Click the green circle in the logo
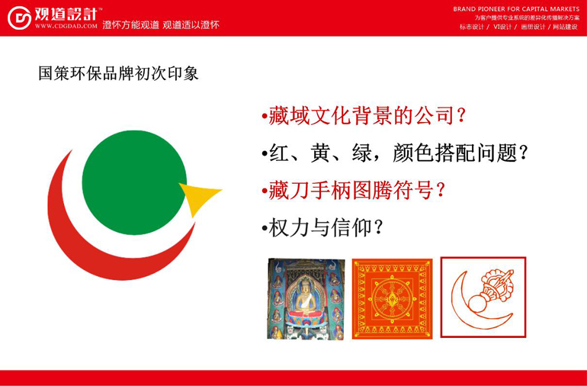pos(134,182)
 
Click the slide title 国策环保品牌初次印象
pos(118,73)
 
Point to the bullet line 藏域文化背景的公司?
pos(363,115)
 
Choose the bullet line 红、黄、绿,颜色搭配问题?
pos(395,153)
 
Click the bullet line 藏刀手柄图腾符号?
pos(353,190)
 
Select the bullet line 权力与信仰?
pos(322,227)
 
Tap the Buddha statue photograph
pos(306,299)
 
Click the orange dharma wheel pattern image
pos(392,299)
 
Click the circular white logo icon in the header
pos(20,18)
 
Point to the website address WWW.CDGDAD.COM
pos(66,26)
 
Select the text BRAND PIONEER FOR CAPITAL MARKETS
pos(516,9)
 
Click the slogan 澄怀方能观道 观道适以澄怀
pos(161,25)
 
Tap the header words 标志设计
pos(472,27)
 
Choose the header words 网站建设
pos(566,27)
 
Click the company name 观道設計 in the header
pos(66,14)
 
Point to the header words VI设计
pos(502,27)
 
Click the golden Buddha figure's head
pos(306,285)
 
